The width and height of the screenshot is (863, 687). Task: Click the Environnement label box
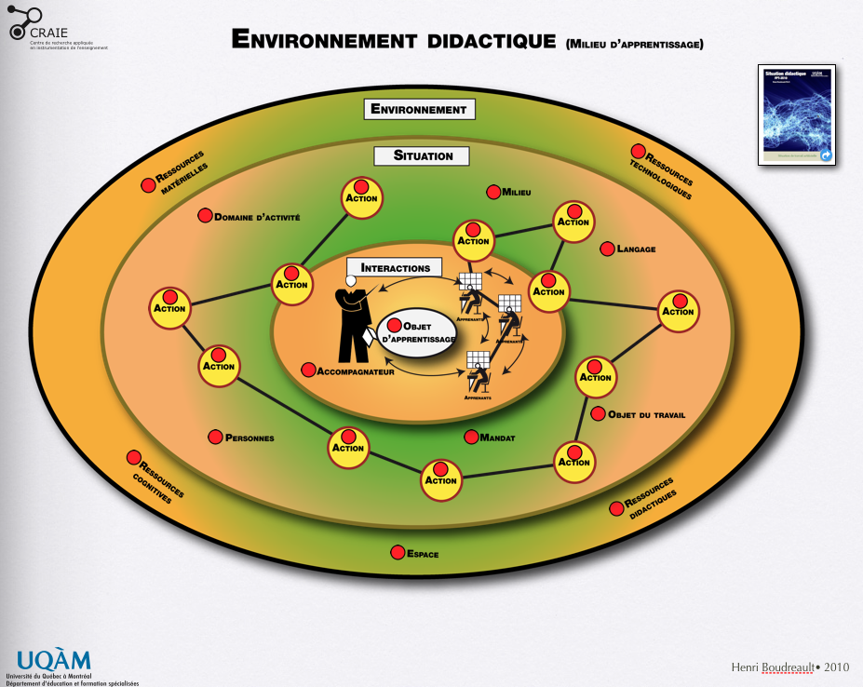click(x=419, y=109)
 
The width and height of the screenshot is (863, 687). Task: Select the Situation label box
click(x=423, y=155)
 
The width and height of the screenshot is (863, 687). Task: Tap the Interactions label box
click(x=395, y=268)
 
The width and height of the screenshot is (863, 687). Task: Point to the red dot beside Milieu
click(x=493, y=192)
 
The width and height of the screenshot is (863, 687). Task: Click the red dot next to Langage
click(x=608, y=249)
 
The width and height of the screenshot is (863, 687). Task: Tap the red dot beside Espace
click(x=398, y=553)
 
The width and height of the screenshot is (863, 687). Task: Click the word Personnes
click(x=249, y=438)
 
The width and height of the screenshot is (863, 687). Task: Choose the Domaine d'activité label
click(x=257, y=218)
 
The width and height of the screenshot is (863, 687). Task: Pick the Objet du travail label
click(x=646, y=415)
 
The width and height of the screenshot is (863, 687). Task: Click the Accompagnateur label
click(x=357, y=371)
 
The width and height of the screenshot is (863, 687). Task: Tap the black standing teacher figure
click(x=352, y=321)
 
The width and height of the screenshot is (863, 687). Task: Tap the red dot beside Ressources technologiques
click(x=639, y=151)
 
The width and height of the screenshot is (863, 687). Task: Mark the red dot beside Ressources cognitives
click(x=134, y=457)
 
